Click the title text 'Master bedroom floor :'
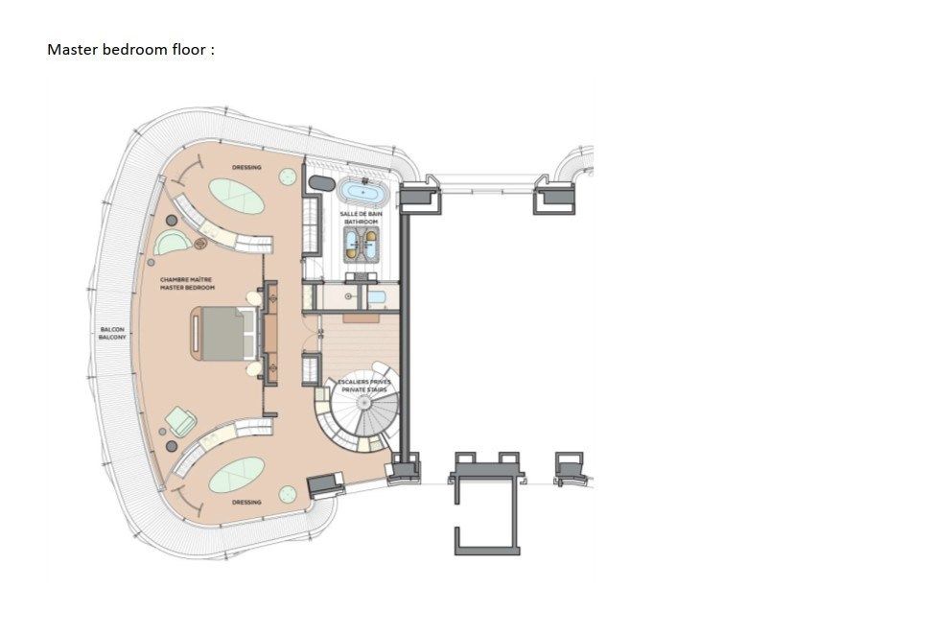pos(131,49)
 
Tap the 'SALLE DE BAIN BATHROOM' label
pos(362,219)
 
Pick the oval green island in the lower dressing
pos(237,473)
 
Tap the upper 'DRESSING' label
pos(245,168)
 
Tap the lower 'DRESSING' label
pos(246,502)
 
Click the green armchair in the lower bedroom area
pos(181,419)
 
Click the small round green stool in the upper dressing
pos(286,176)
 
